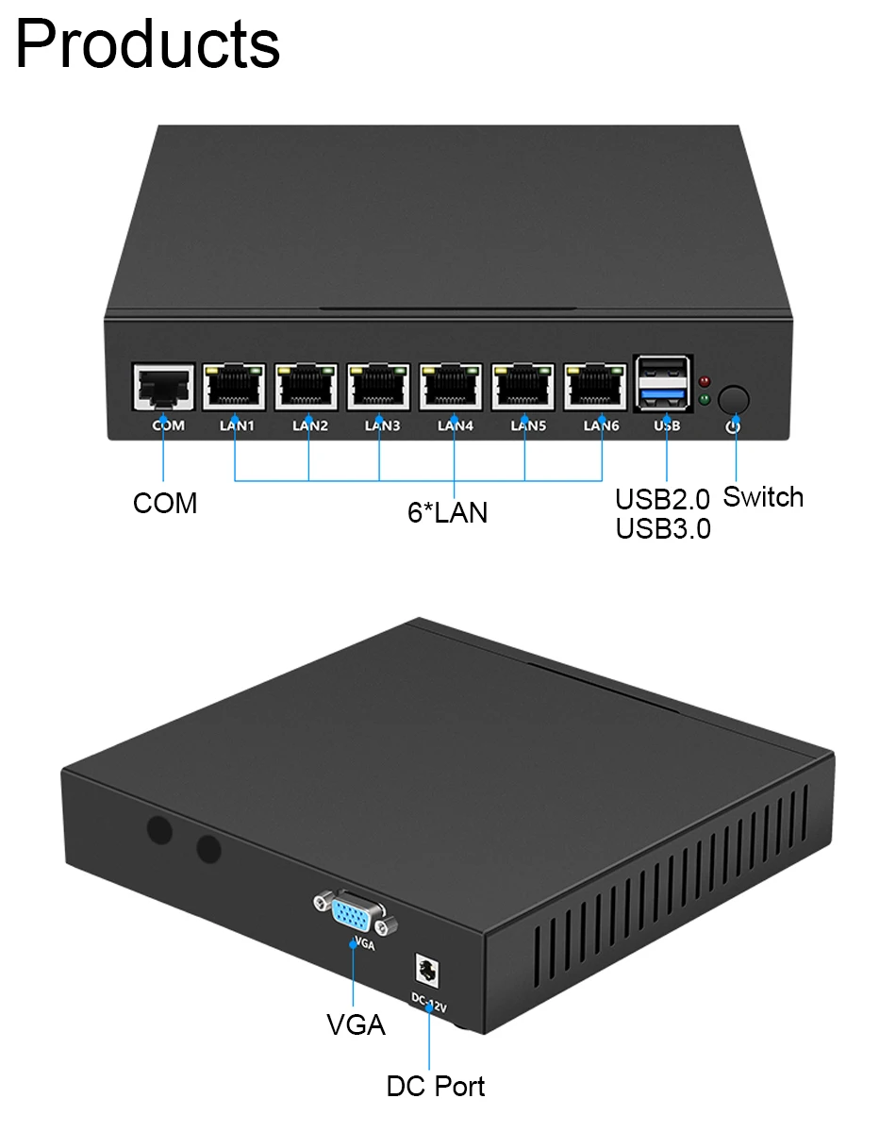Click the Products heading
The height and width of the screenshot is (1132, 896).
(x=148, y=44)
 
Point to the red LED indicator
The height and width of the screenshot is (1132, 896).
(x=705, y=382)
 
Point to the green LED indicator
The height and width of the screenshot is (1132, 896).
(x=705, y=401)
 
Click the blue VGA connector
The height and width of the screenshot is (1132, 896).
(x=353, y=914)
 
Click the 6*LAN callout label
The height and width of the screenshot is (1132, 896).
(x=447, y=512)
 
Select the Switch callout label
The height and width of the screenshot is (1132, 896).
(x=762, y=497)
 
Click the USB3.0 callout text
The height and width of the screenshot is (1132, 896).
(x=663, y=528)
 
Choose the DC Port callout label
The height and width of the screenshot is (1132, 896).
(x=436, y=1086)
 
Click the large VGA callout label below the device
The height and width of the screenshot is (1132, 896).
(x=356, y=1024)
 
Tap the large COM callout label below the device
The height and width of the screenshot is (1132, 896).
(x=165, y=504)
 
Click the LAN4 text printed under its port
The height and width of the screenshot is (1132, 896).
(x=455, y=425)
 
